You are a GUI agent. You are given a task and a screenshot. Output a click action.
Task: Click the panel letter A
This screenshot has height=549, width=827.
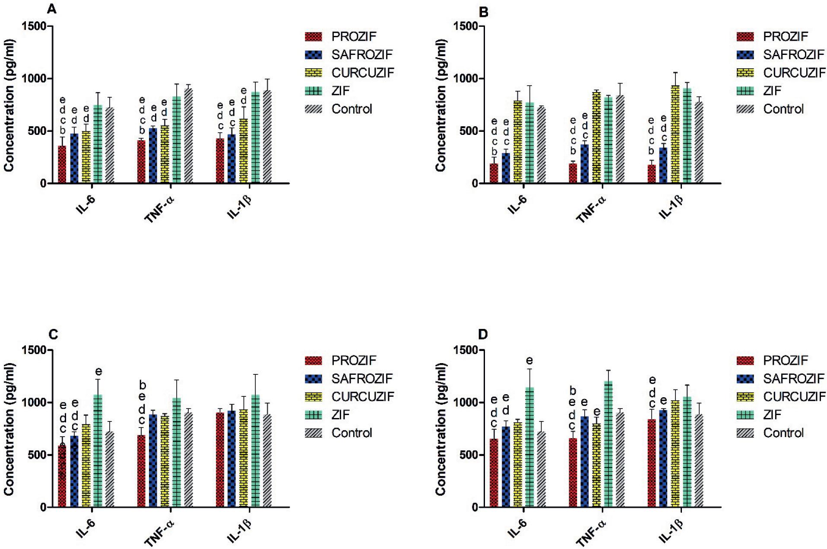coord(51,9)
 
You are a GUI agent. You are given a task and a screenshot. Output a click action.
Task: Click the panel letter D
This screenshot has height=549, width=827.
coord(484,334)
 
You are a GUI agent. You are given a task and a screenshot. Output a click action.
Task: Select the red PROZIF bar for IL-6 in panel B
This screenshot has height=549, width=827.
coord(494,173)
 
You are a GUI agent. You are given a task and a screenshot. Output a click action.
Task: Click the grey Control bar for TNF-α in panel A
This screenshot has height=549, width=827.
coord(188,136)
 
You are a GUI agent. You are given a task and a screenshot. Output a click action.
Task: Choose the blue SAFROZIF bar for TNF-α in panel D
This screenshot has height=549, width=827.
coord(584,463)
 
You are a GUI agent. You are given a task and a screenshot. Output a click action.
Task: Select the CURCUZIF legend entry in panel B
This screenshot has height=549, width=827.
coord(794,73)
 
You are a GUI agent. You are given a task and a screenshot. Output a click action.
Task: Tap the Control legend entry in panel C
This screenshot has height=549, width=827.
coord(351,433)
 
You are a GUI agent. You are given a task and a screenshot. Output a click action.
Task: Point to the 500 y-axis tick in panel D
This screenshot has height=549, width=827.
coord(468,455)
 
